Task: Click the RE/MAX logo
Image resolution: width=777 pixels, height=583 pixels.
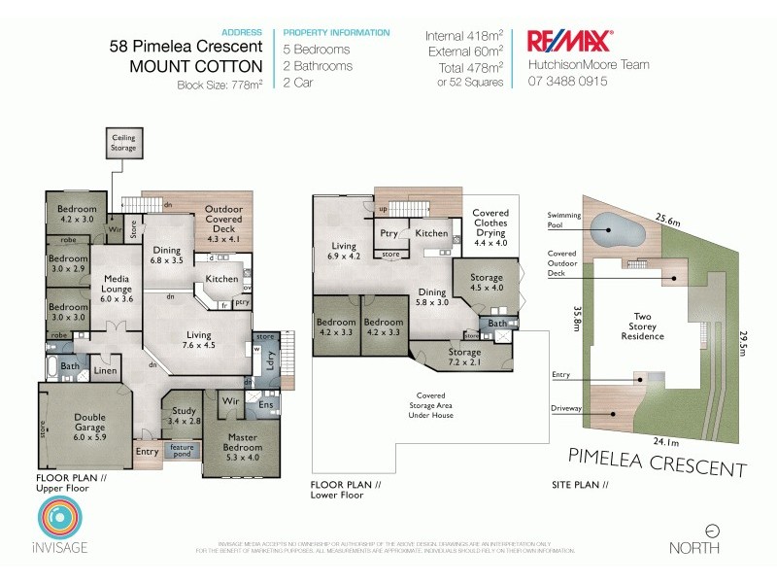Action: [x=568, y=41]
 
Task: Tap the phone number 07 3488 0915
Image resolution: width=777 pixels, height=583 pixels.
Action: [x=567, y=82]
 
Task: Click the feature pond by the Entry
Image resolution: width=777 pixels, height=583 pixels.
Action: [x=182, y=451]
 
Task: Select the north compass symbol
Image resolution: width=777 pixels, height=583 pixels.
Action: [x=713, y=531]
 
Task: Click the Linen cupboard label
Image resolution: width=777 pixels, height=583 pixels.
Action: [x=106, y=370]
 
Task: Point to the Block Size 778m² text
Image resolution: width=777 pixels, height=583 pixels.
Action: [x=220, y=85]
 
